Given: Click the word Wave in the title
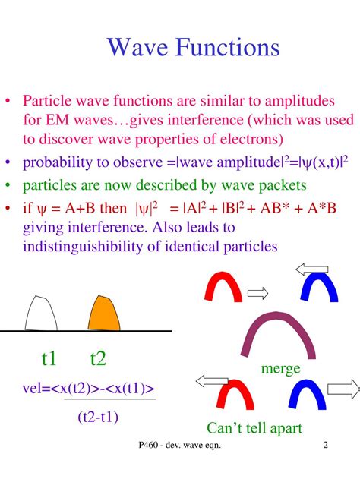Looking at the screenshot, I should click(137, 48).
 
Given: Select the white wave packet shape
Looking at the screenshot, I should click(42, 313).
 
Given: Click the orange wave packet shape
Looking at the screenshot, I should click(101, 312).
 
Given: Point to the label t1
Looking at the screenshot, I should click(49, 358).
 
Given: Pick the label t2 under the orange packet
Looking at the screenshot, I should click(98, 358).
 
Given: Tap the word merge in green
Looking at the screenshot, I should click(281, 369).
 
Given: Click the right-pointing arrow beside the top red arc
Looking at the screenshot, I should click(258, 292).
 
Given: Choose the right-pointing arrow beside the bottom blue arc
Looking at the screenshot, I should click(344, 389).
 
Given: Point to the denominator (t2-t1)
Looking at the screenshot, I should click(98, 416).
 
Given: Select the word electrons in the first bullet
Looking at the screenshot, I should click(247, 139).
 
